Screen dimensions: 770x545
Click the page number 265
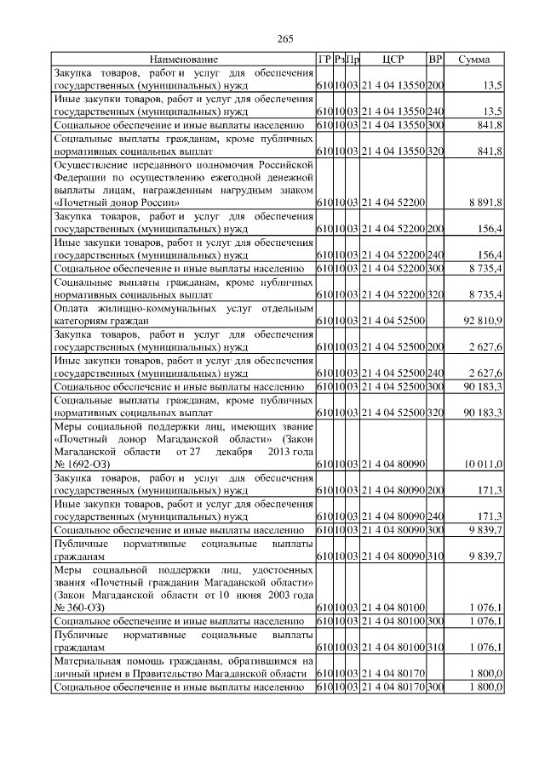[x=285, y=37]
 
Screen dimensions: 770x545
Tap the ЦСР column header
[x=393, y=60]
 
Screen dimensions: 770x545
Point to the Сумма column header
[x=473, y=60]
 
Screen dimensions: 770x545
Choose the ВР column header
[x=435, y=60]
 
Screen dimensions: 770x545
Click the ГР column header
[x=324, y=60]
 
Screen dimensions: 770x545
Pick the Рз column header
[x=338, y=60]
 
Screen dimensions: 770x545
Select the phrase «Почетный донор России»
[x=116, y=202]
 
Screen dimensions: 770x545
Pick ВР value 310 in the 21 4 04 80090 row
[x=435, y=555]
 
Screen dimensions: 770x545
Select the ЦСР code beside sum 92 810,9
[x=393, y=322]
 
